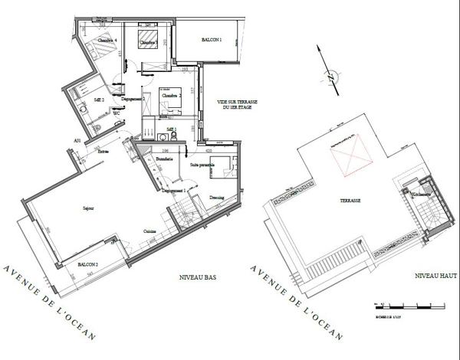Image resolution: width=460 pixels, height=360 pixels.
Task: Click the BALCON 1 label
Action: point(211,39)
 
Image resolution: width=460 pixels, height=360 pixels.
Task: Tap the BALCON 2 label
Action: point(87,265)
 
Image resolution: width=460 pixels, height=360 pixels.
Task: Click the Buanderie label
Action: point(164,159)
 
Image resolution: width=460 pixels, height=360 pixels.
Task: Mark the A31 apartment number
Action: point(77,141)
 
